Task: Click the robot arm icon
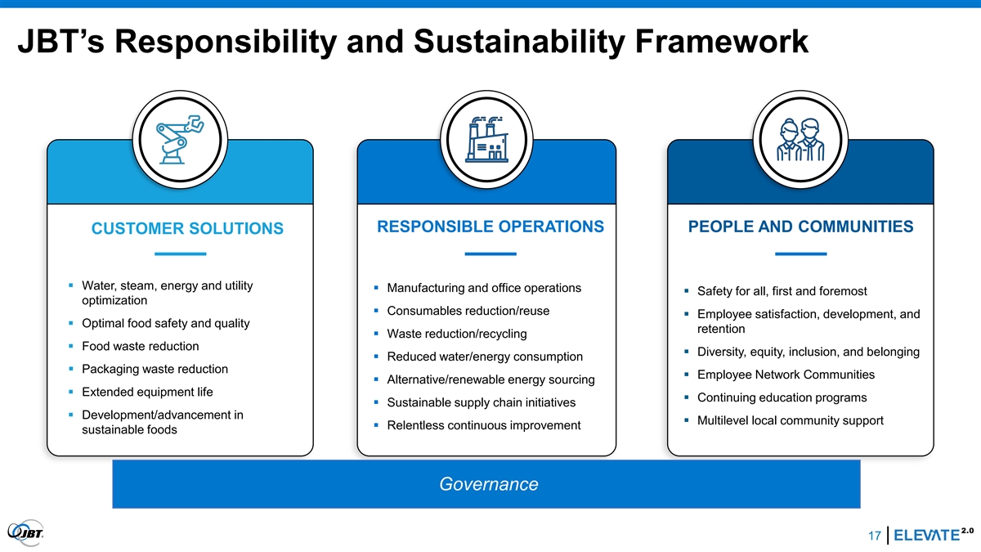pos(180,140)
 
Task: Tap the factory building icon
pos(486,140)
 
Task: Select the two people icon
pos(800,140)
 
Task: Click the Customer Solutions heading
pos(187,228)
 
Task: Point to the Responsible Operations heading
pos(490,227)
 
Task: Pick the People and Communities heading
pos(800,227)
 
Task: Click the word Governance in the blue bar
pos(489,484)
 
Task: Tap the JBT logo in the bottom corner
pos(25,532)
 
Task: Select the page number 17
pos(875,536)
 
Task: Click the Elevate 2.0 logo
pos(934,535)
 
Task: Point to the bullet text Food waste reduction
pos(140,346)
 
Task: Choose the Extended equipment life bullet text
pos(147,392)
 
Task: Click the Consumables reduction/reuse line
pos(468,311)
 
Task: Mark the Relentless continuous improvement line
pos(484,425)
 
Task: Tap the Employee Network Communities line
pos(786,375)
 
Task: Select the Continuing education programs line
pos(782,397)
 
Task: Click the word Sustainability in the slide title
pos(519,42)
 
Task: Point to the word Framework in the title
pos(722,41)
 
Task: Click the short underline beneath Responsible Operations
pos(490,254)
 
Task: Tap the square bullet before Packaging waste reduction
pos(71,369)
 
